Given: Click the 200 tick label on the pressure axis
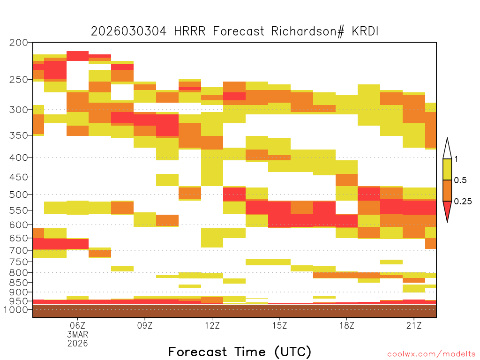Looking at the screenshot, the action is (x=18, y=43).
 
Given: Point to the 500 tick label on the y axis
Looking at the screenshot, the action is (x=18, y=195).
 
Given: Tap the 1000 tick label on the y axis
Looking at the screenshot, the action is (x=16, y=309).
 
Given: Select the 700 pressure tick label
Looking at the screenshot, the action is (x=18, y=250).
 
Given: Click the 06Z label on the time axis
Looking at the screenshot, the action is (x=77, y=325).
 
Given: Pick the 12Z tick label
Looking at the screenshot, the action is (x=212, y=325).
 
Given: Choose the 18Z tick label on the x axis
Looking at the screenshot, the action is (x=347, y=325).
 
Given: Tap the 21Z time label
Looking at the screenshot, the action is (x=414, y=325).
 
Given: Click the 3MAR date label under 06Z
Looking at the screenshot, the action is (x=77, y=334).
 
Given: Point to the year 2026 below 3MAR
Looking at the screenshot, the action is (x=77, y=344).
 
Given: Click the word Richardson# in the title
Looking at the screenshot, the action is (x=308, y=31).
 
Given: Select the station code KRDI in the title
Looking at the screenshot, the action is (x=365, y=31).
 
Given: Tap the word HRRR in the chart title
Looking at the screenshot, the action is (x=190, y=31).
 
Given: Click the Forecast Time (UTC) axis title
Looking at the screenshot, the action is (x=240, y=352).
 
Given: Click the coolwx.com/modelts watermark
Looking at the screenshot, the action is (x=432, y=354).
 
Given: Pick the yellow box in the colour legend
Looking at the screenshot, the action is (x=447, y=169).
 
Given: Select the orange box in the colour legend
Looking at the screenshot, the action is (x=447, y=190).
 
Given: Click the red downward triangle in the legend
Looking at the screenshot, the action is (x=447, y=210).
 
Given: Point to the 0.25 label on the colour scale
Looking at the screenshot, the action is (x=463, y=202).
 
